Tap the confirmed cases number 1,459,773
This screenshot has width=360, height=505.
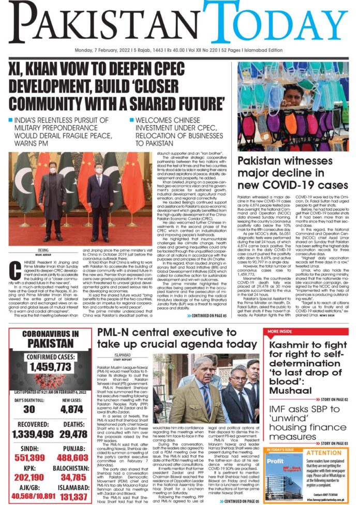(x=50, y=367)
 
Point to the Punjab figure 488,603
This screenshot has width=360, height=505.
(x=72, y=458)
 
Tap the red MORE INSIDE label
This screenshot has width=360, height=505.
(x=280, y=331)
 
